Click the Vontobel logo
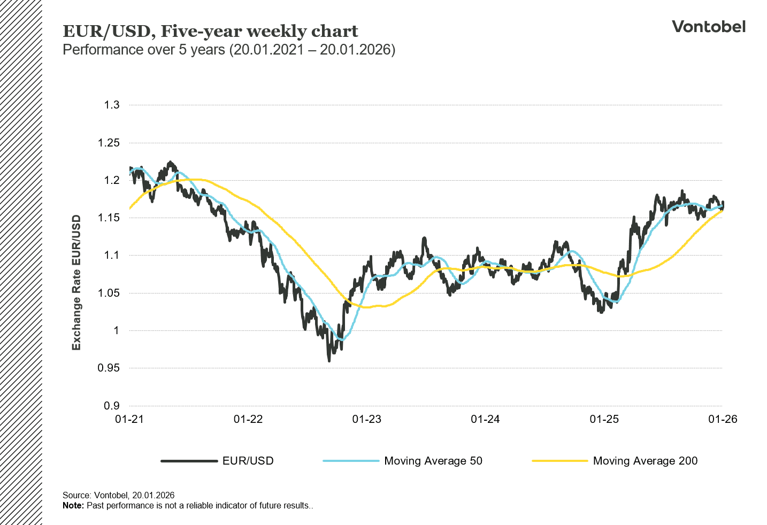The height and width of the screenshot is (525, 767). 708,27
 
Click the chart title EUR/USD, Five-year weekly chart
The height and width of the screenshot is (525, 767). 210,31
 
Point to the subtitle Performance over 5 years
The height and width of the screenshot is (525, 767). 229,50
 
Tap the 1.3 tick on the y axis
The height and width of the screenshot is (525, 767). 112,105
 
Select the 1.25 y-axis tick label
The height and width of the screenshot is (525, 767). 109,143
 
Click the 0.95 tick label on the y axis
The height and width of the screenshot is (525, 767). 109,368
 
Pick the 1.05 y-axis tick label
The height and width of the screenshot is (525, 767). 109,293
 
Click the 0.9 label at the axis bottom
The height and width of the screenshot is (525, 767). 112,405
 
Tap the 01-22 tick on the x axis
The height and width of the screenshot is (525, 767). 248,419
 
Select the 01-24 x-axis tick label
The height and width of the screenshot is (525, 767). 485,419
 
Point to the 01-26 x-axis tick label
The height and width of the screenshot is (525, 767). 723,419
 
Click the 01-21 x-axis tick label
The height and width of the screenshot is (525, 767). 129,419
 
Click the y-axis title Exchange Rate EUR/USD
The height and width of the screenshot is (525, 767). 76,282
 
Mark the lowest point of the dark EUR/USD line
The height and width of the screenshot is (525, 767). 329,361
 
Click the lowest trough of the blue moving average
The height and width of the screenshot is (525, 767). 342,339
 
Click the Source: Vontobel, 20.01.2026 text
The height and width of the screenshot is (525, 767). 118,495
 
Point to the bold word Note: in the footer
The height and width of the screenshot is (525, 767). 73,505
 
